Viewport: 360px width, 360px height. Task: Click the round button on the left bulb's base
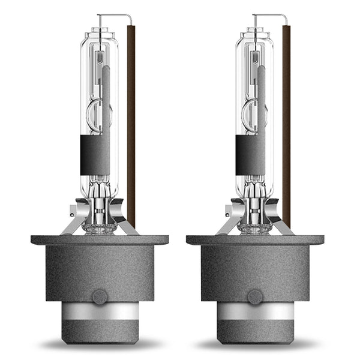[100, 296]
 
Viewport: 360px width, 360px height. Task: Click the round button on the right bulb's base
[255, 296]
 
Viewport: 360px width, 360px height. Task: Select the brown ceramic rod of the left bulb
[131, 120]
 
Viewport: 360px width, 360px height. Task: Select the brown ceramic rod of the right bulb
[286, 120]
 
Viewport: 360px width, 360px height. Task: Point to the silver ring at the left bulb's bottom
[100, 311]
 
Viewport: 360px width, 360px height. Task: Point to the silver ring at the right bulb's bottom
[255, 311]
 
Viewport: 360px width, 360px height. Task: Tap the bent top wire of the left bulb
[114, 15]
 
